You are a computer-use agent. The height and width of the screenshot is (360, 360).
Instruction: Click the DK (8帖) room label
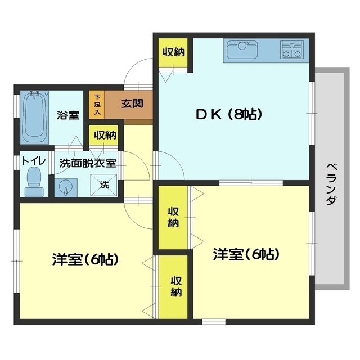[228, 115]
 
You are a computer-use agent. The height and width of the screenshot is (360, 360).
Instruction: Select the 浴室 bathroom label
[67, 115]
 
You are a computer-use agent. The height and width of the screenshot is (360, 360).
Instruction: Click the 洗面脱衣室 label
[88, 163]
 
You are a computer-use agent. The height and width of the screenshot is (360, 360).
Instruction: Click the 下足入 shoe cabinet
[97, 105]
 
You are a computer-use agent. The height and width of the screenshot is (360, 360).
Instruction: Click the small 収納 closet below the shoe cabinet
[105, 136]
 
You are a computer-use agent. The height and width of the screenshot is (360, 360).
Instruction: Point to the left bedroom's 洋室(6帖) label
[85, 260]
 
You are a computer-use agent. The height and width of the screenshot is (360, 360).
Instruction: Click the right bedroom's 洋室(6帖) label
[246, 254]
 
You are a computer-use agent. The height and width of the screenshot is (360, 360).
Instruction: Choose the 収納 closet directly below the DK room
[173, 217]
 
